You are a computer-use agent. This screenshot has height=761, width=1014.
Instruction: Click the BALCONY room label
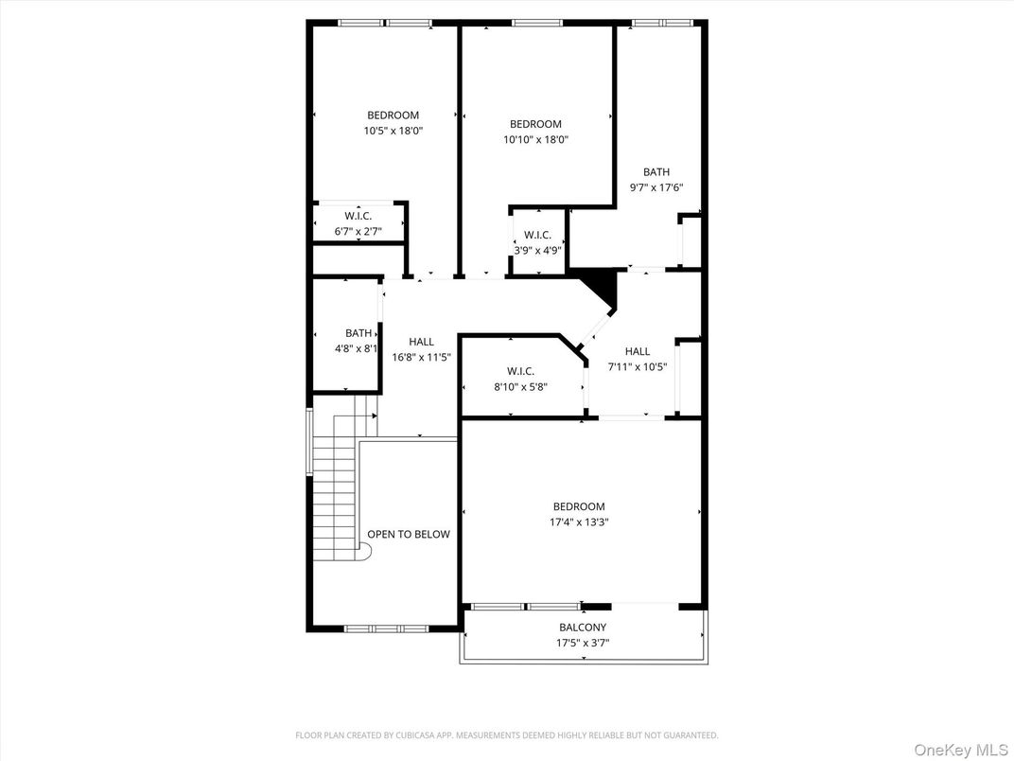[x=583, y=628]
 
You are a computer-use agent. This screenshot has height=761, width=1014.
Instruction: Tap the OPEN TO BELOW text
[x=409, y=534]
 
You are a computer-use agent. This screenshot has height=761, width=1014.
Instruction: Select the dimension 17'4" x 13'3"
[x=579, y=522]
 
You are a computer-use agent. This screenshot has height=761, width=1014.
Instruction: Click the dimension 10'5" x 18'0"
[x=393, y=131]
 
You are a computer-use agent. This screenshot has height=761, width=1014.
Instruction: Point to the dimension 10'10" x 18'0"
[x=535, y=139]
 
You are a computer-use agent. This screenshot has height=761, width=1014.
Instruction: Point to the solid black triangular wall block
[x=601, y=286]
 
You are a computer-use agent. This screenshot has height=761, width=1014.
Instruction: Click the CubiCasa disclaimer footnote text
[x=507, y=734]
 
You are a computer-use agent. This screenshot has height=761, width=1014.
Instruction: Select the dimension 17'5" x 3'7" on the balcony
[x=583, y=644]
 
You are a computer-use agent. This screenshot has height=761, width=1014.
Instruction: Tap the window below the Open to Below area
[x=386, y=628]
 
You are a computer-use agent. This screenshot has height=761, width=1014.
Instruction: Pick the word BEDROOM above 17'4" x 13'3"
[x=579, y=506]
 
